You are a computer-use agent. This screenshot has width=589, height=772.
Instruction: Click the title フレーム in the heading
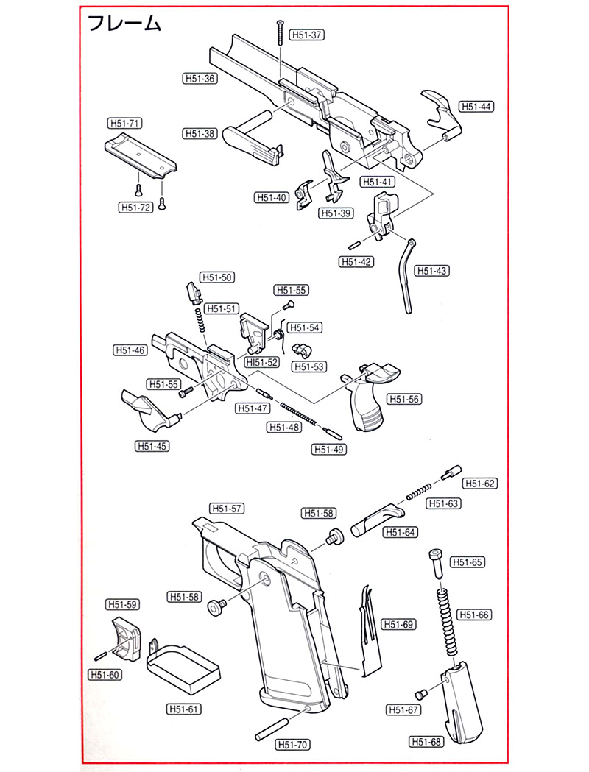pyautogui.click(x=124, y=24)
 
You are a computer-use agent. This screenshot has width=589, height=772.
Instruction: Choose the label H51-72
pyautogui.click(x=135, y=208)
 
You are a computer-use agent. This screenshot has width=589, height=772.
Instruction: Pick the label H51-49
pyautogui.click(x=330, y=449)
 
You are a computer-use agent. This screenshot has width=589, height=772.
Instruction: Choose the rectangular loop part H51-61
pyautogui.click(x=182, y=665)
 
